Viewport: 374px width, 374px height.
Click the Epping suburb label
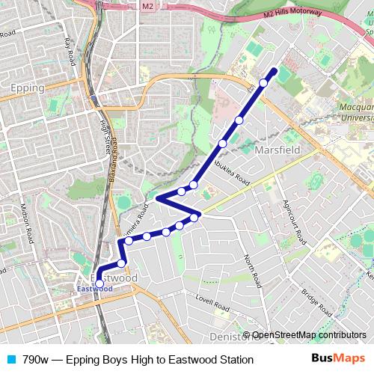tap(28, 88)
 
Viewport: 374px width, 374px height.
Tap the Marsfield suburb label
tap(278, 150)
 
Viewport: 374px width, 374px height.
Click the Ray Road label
tap(70, 50)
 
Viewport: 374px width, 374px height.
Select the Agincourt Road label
tap(294, 222)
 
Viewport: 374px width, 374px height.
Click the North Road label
tap(252, 271)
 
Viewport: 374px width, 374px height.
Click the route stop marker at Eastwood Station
tap(99, 283)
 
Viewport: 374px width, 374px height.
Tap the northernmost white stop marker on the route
tap(263, 83)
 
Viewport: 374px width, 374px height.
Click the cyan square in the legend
tap(10, 359)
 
